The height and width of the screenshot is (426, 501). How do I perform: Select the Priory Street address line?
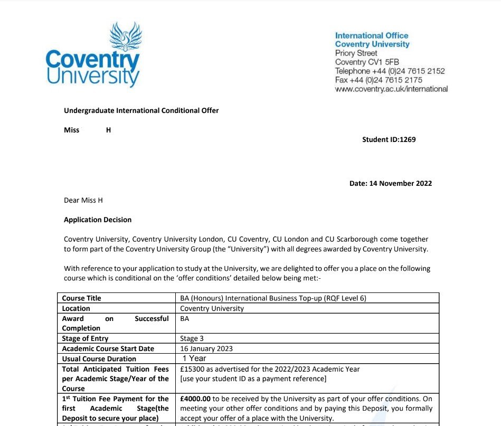[x=356, y=53]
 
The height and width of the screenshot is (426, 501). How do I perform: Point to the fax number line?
[x=379, y=80]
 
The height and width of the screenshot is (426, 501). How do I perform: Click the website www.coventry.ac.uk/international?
[x=391, y=89]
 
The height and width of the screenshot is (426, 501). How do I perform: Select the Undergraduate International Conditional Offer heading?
[x=141, y=110]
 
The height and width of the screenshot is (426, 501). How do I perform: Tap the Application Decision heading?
[x=98, y=220]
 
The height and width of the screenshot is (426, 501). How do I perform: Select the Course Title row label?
[x=81, y=298]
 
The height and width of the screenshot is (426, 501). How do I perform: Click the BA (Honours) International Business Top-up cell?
[x=273, y=298]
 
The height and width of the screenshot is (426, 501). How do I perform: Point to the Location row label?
[x=76, y=308]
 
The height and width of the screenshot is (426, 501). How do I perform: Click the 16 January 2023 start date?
[x=206, y=348]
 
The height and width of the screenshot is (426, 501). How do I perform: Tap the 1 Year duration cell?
[x=194, y=358]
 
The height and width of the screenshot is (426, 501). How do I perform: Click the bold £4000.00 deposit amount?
[x=195, y=399]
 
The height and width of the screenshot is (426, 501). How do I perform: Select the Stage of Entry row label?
[x=85, y=338]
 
